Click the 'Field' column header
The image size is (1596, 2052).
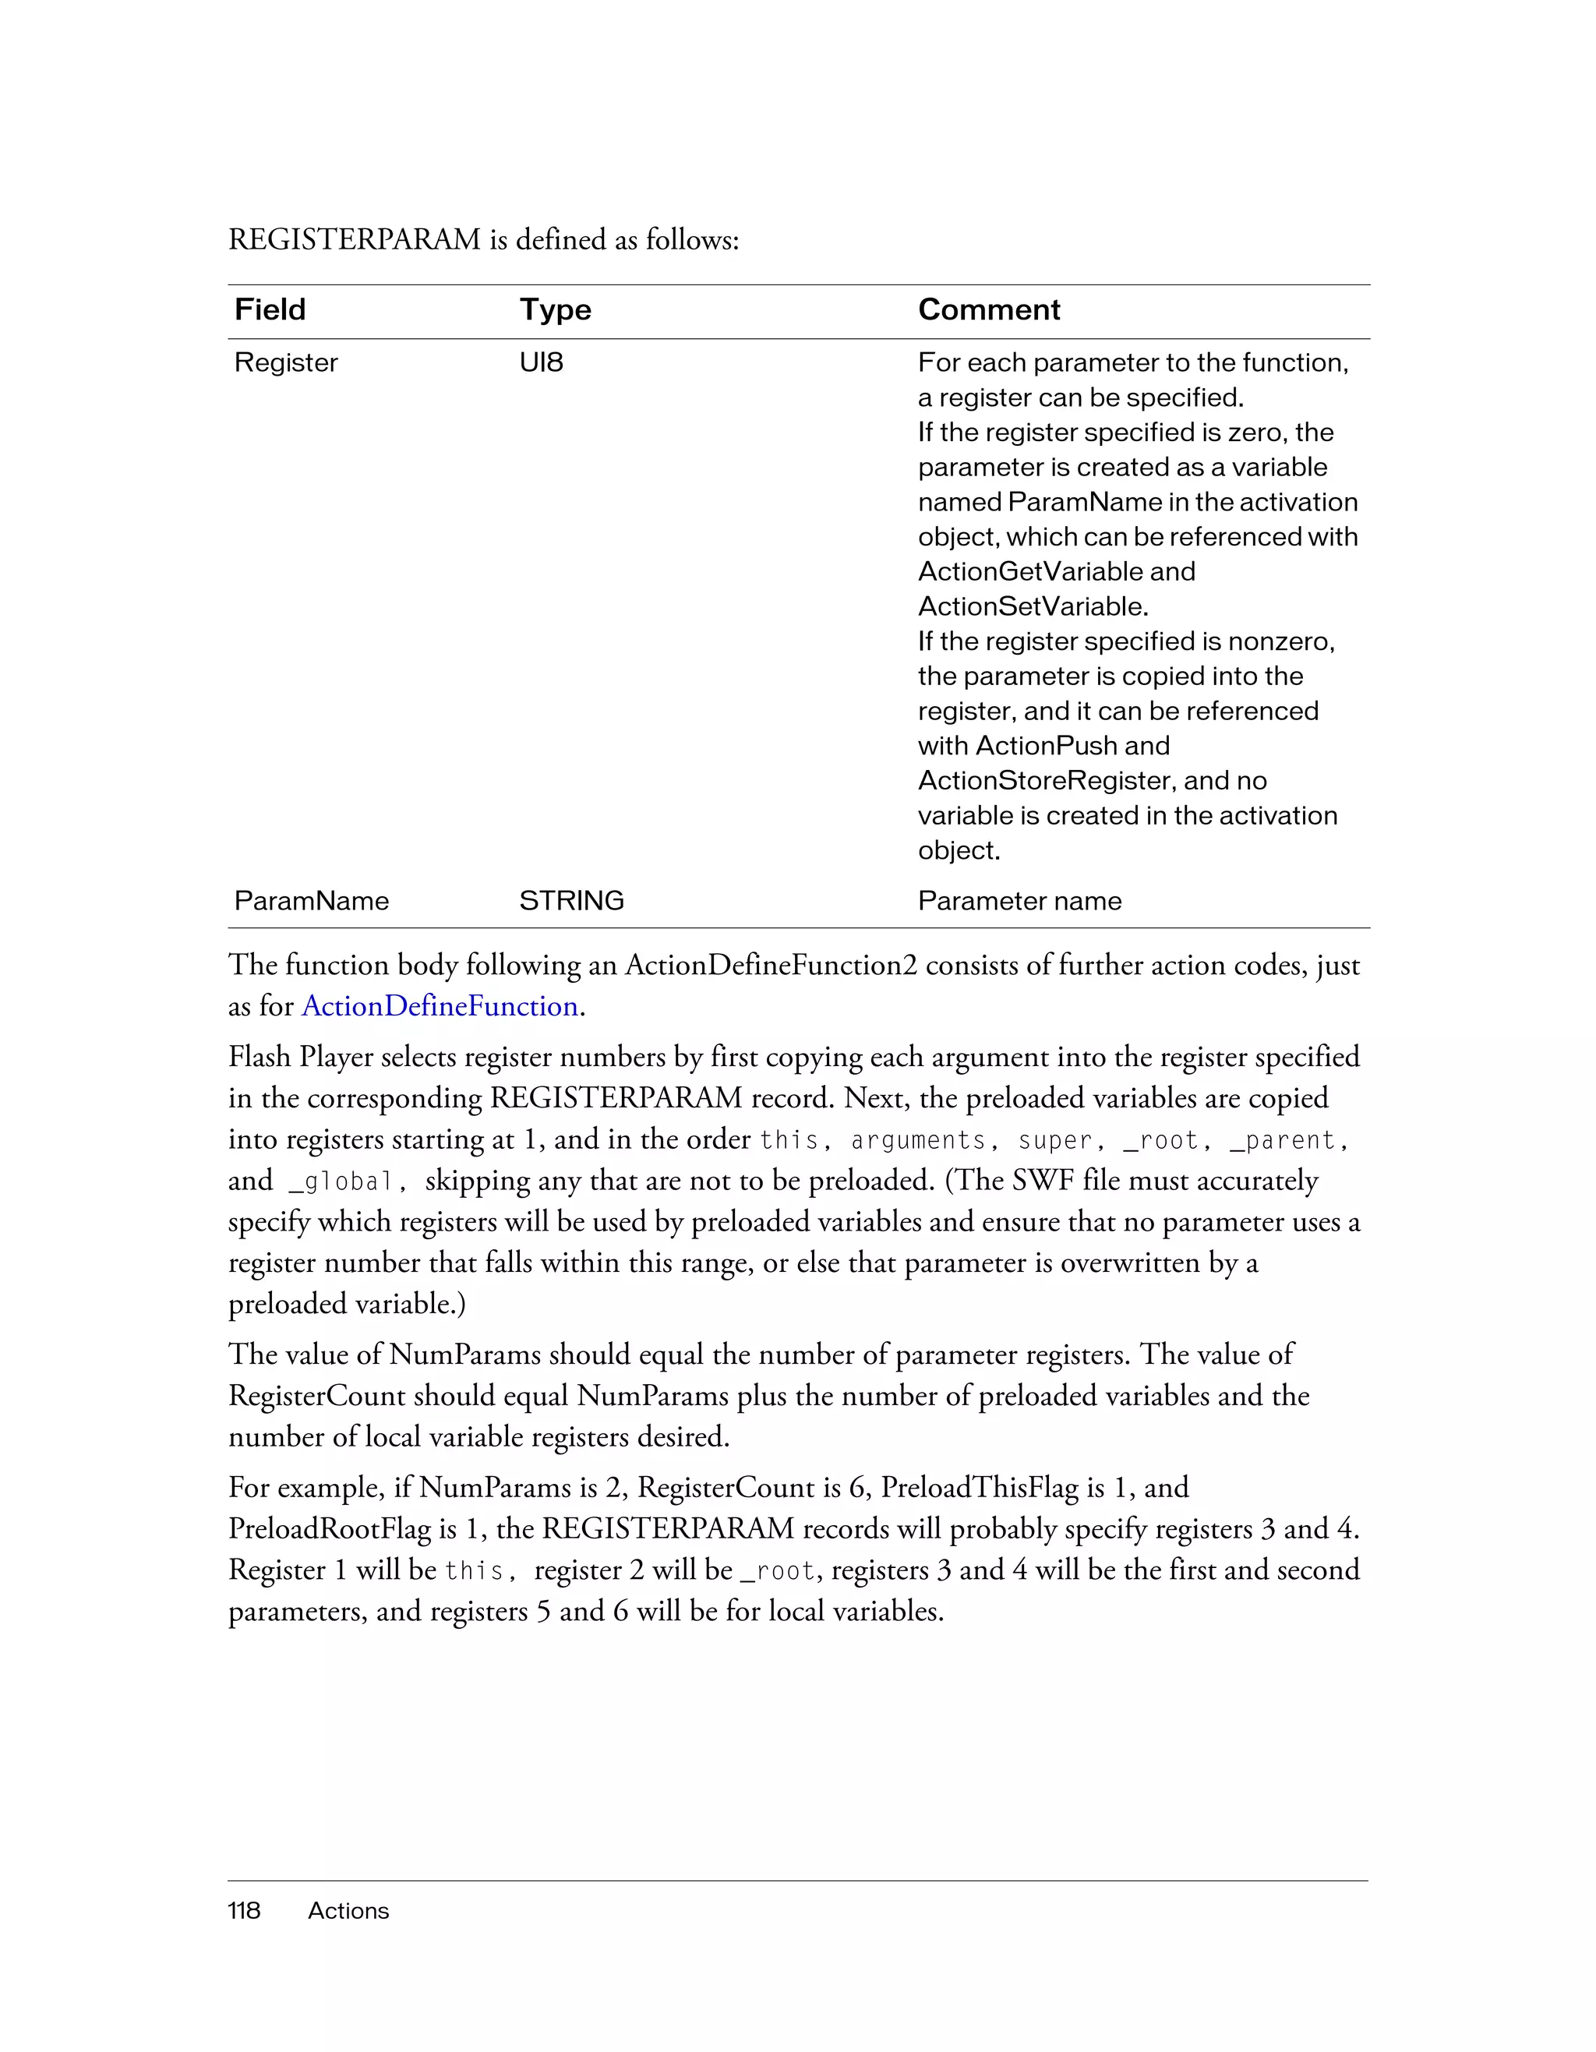tap(270, 310)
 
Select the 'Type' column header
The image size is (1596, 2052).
tap(555, 310)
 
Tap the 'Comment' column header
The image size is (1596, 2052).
tap(988, 310)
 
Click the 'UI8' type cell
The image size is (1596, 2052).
tap(541, 362)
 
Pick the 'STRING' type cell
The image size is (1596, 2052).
tap(571, 901)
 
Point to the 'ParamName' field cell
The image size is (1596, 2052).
tap(311, 901)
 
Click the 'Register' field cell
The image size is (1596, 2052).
tap(285, 362)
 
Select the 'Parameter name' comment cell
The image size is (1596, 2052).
tap(1019, 901)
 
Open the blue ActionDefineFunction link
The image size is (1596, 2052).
tap(440, 1006)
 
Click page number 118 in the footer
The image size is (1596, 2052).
tap(244, 1911)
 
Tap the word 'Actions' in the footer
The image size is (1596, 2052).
tap(348, 1911)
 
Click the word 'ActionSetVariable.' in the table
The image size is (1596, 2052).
tap(1033, 607)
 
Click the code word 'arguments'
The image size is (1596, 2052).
tap(916, 1141)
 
